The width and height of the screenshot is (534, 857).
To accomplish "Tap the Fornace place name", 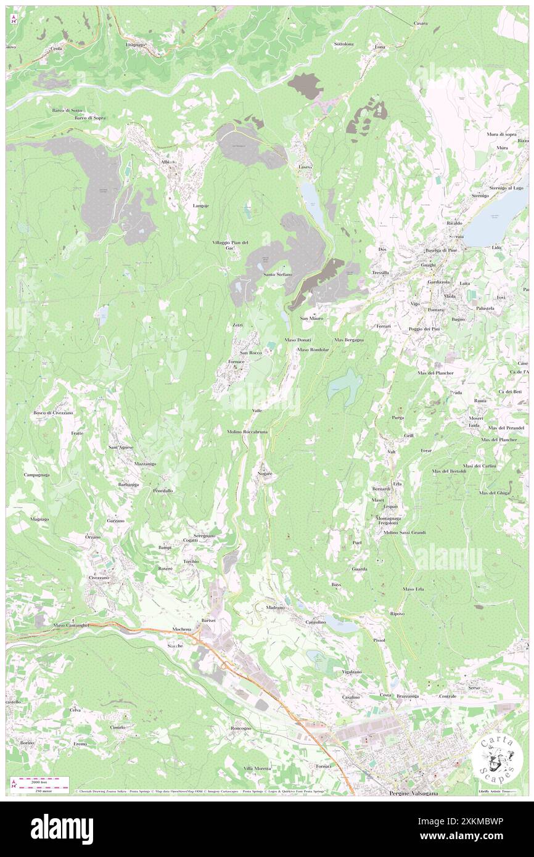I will tap(237, 361).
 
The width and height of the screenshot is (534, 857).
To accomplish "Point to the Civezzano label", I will tap(99, 578).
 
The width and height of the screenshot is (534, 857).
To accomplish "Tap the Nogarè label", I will tap(265, 473).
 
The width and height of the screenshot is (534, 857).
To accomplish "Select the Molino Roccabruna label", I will tap(247, 432).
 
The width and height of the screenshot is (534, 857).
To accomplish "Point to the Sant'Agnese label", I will tap(121, 446).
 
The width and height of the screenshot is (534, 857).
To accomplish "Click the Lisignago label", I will tap(134, 45).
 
